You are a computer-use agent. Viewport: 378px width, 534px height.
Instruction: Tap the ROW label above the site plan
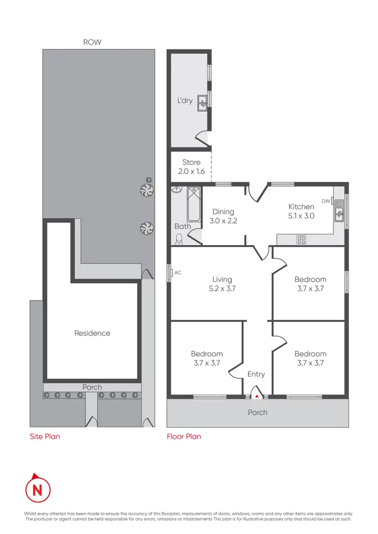pos(92,43)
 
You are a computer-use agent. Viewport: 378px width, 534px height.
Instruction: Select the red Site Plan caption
pos(44,436)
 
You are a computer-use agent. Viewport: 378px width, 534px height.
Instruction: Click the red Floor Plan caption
pos(184,436)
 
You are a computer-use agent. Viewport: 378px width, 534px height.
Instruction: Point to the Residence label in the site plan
pos(92,333)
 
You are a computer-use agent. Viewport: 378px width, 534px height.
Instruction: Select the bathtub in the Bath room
pos(194,204)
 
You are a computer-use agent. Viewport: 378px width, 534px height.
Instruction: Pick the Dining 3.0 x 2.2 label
pos(223,216)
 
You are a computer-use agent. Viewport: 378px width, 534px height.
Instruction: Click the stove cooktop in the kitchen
pos(301,240)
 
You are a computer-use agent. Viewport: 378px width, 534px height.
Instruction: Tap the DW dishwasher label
pos(326,201)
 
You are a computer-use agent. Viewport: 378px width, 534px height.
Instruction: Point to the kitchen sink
pos(340,210)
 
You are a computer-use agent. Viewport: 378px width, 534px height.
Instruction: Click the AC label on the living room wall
pos(177,273)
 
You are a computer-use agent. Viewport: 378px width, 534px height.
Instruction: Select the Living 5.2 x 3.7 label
pos(222,284)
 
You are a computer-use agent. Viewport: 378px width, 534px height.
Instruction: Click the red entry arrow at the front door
pos(258,396)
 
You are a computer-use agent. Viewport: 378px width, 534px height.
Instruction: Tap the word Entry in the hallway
pos(256,374)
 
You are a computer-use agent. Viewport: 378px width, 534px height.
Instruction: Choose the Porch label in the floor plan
pos(258,412)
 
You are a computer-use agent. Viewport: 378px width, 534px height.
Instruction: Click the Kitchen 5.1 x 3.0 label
pos(301,211)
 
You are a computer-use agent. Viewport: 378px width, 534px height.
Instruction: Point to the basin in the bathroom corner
pos(176,190)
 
